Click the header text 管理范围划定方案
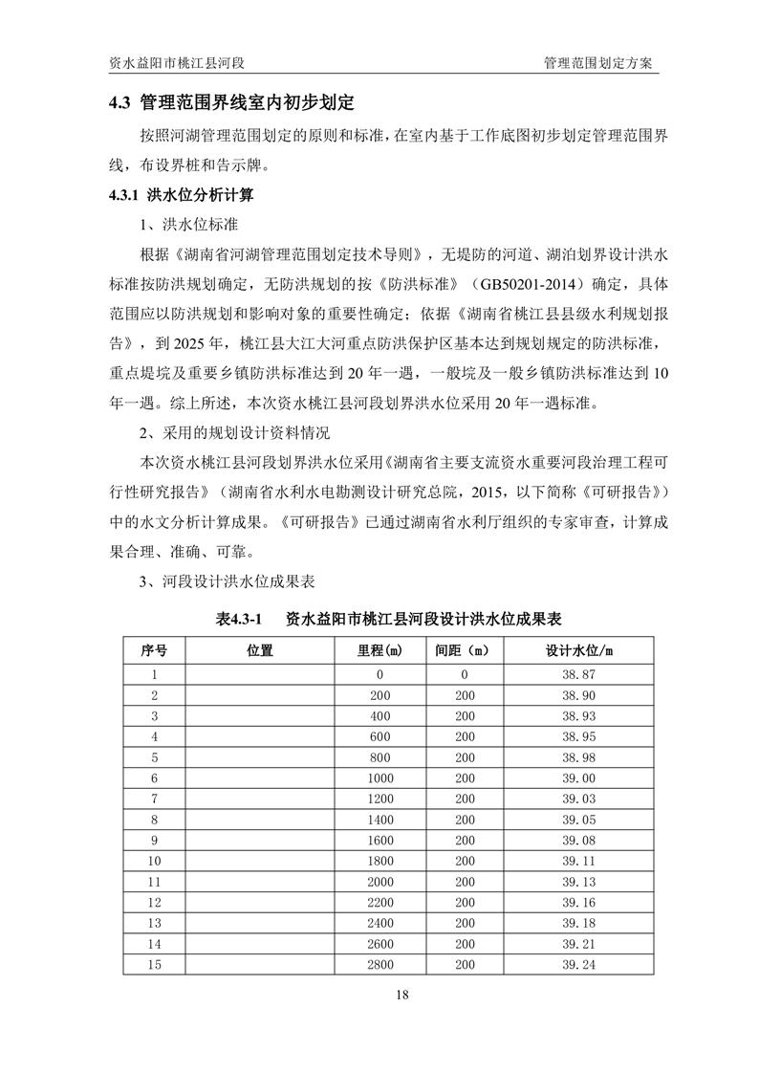pos(597,63)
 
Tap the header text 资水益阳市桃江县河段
pos(178,63)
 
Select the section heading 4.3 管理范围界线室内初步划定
pos(232,102)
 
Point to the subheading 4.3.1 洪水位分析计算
pos(181,196)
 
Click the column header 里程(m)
pos(379,650)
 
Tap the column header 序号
pos(154,650)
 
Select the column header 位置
pos(259,650)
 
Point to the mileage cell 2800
pos(380,965)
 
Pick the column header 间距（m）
pos(464,650)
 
